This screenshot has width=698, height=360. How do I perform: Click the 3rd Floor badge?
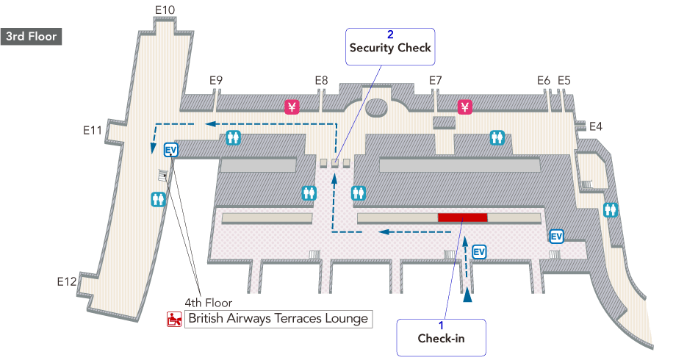(x=32, y=36)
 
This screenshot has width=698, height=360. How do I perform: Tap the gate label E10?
(x=165, y=10)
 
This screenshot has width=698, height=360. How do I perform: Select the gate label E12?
(x=67, y=281)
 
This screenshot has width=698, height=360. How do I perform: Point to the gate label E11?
(x=92, y=130)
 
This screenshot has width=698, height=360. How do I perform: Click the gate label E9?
(x=216, y=80)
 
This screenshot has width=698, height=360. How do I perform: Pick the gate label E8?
(x=321, y=80)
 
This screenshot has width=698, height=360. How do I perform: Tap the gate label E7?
(x=436, y=80)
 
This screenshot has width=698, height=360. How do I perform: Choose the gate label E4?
(x=595, y=126)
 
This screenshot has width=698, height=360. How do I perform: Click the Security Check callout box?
(x=390, y=47)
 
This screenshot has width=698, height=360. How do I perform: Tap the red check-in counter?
(x=462, y=217)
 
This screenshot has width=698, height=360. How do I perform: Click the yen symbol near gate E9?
(x=292, y=107)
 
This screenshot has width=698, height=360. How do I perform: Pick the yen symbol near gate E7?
(x=464, y=107)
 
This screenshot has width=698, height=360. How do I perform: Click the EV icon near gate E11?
(x=171, y=150)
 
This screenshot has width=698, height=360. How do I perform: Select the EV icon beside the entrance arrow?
(x=479, y=252)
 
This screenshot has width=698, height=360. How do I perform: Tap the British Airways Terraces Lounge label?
(x=277, y=319)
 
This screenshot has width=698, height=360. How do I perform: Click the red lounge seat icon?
(x=174, y=319)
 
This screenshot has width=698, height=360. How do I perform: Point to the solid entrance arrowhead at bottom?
(x=467, y=295)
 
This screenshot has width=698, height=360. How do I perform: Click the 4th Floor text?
(x=208, y=303)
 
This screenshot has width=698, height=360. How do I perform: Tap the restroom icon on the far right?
(x=610, y=209)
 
